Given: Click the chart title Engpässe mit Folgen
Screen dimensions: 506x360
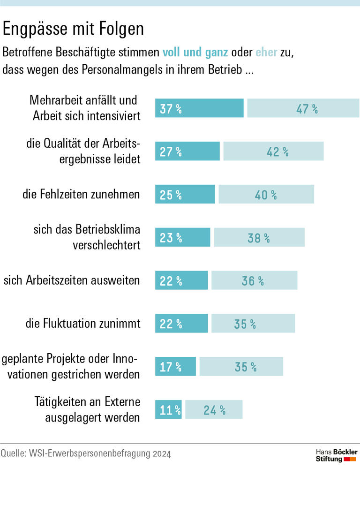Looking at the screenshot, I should pyautogui.click(x=73, y=29).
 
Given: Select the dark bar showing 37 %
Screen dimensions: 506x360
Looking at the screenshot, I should pyautogui.click(x=199, y=108).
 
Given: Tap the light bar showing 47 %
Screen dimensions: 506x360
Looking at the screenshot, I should pyautogui.click(x=303, y=108).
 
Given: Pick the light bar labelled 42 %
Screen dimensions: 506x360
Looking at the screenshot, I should pyautogui.click(x=273, y=151).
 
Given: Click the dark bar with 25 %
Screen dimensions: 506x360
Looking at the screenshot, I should pyautogui.click(x=185, y=194).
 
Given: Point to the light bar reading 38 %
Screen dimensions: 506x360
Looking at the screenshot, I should pyautogui.click(x=259, y=237).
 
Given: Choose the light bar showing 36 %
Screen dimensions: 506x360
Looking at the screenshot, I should pyautogui.click(x=254, y=280).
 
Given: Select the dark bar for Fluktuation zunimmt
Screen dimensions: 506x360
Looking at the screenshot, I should pyautogui.click(x=181, y=324).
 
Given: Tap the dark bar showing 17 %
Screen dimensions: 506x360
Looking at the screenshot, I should pyautogui.click(x=175, y=366).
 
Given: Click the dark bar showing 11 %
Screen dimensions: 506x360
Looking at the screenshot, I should pyautogui.click(x=168, y=409).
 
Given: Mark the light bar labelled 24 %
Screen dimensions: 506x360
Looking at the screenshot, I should pyautogui.click(x=214, y=409).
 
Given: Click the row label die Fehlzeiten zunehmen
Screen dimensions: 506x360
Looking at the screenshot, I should pyautogui.click(x=81, y=194).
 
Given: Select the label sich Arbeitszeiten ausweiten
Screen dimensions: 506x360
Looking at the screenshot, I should pyautogui.click(x=72, y=280).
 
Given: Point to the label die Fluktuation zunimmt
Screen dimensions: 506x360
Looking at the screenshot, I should pyautogui.click(x=82, y=324).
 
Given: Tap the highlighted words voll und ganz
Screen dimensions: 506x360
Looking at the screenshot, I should pyautogui.click(x=195, y=52).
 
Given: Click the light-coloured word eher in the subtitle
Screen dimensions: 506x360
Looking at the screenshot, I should pyautogui.click(x=266, y=52).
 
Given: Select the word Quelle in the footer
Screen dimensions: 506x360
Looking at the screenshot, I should pyautogui.click(x=13, y=454).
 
